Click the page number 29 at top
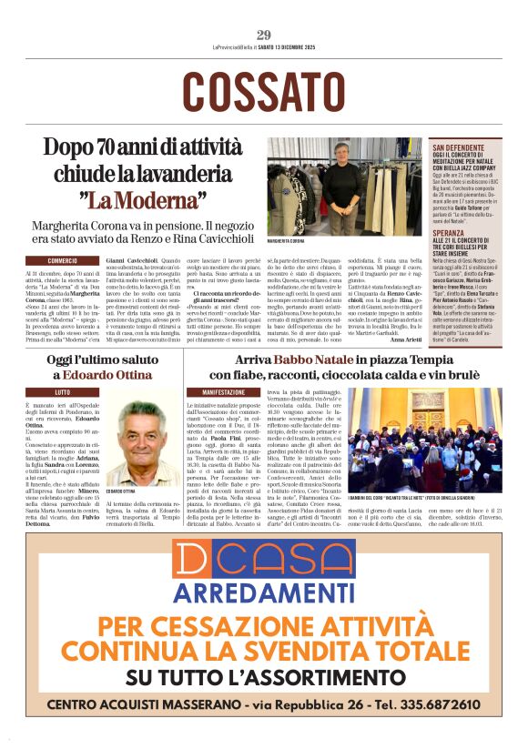click(264, 35)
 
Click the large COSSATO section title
click(264, 91)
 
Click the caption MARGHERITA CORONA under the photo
click(287, 241)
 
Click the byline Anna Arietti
click(408, 339)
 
